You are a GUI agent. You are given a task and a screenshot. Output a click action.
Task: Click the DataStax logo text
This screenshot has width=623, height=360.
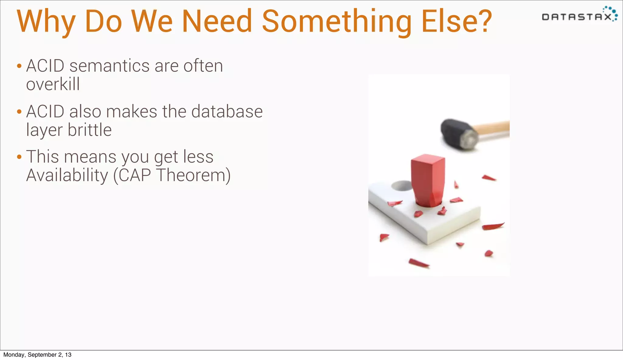coord(576,17)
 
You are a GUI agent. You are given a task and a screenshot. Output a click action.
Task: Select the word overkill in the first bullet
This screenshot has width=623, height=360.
coord(53,84)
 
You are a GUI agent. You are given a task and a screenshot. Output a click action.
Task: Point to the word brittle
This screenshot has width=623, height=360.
coord(90,130)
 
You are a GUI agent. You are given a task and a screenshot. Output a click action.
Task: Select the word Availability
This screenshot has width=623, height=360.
coord(67,175)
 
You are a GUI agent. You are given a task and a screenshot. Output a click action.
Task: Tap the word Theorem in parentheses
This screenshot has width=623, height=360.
coord(193,175)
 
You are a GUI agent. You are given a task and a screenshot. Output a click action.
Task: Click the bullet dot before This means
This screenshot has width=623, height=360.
coord(19,157)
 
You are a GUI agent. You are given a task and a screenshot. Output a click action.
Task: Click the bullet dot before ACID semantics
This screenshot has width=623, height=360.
coord(19,66)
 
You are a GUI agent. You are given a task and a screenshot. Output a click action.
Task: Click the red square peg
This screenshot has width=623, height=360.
coord(427,179)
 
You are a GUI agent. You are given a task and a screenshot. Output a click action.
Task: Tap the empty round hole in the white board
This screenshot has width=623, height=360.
coord(402,185)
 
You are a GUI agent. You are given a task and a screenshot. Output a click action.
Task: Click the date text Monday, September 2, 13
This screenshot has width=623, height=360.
coord(37,355)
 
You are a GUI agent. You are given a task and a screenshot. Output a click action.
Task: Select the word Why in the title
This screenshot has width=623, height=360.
coord(46,22)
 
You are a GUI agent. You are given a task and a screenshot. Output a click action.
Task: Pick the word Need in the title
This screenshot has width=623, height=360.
coord(217,22)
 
